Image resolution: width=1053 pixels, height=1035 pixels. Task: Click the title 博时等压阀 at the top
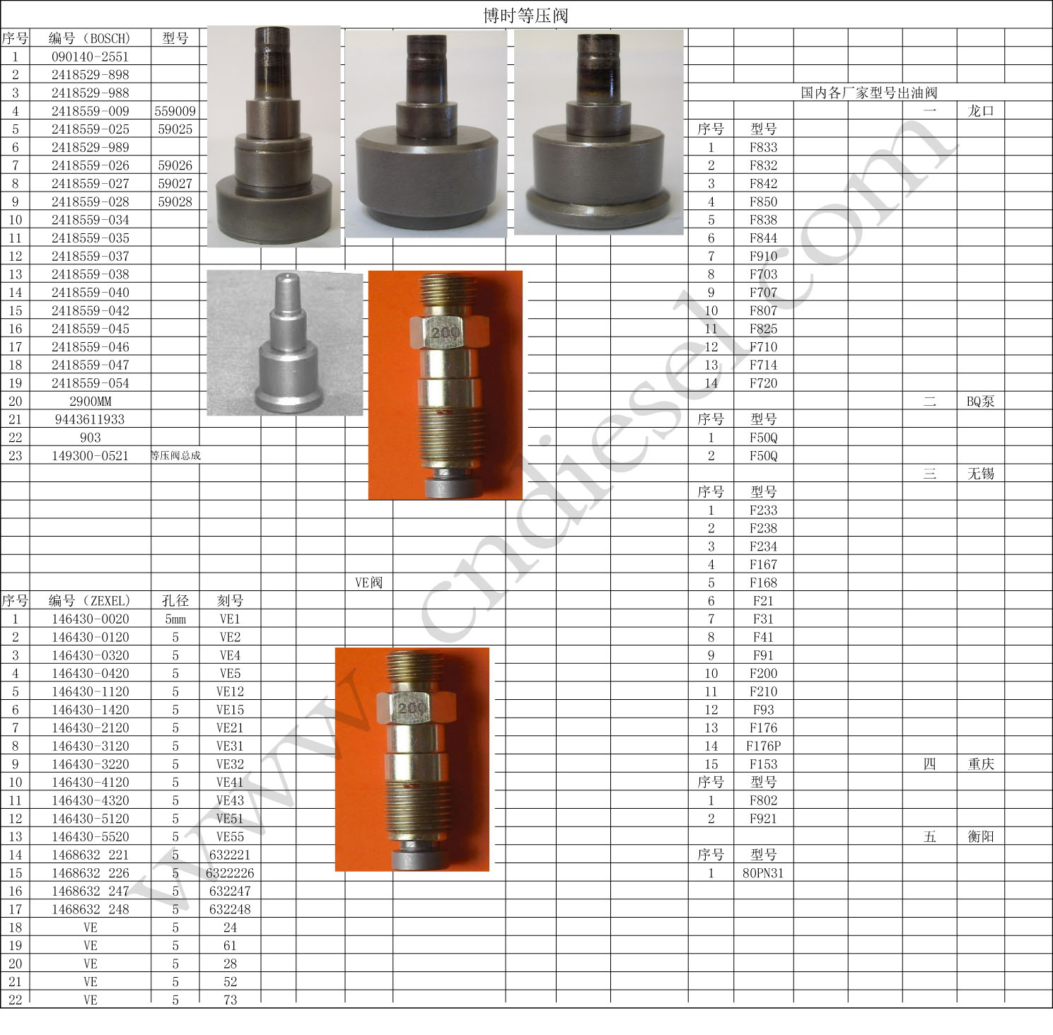click(x=525, y=16)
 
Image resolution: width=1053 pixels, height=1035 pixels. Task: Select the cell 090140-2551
click(x=91, y=57)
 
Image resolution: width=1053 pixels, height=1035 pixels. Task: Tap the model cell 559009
click(x=175, y=111)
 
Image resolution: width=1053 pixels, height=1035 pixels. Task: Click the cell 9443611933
click(x=90, y=419)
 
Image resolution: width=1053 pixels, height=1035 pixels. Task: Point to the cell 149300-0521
click(x=91, y=456)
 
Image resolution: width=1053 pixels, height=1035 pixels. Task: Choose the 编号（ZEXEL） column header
click(x=90, y=601)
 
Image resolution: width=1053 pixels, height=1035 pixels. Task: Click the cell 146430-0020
click(x=91, y=619)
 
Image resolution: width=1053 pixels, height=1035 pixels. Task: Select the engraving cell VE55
click(x=231, y=837)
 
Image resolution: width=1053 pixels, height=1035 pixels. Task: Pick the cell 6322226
click(x=231, y=873)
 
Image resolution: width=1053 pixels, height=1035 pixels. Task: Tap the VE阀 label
click(x=368, y=583)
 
